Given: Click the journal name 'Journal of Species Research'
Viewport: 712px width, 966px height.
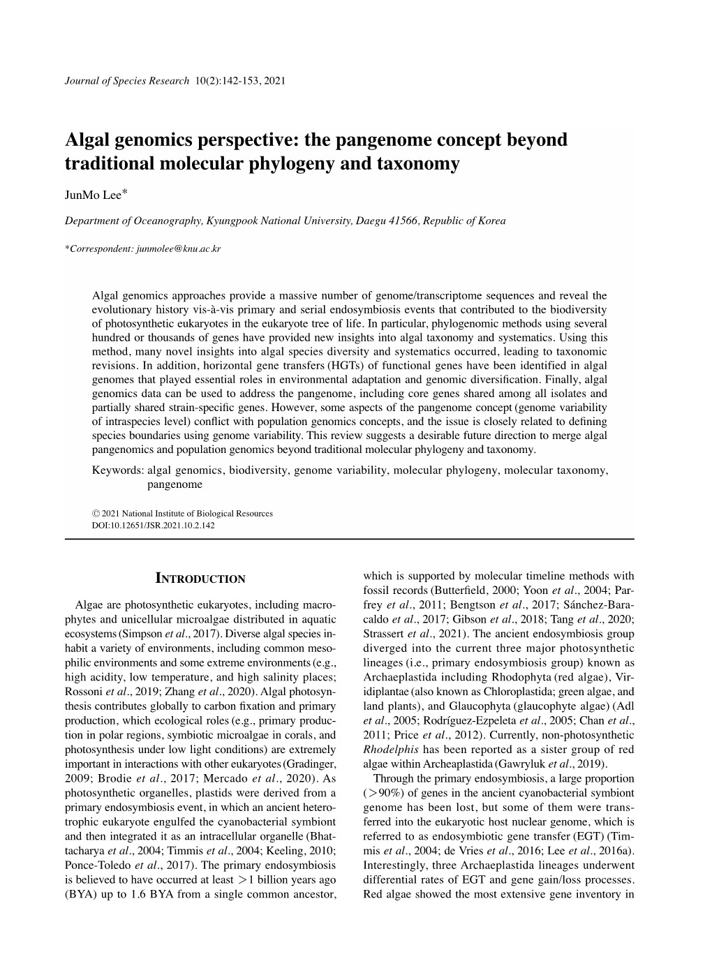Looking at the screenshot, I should tap(126, 80).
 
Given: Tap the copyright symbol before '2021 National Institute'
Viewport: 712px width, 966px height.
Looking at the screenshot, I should tap(96, 513).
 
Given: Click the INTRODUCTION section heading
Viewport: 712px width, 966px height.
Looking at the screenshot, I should tap(200, 579).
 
